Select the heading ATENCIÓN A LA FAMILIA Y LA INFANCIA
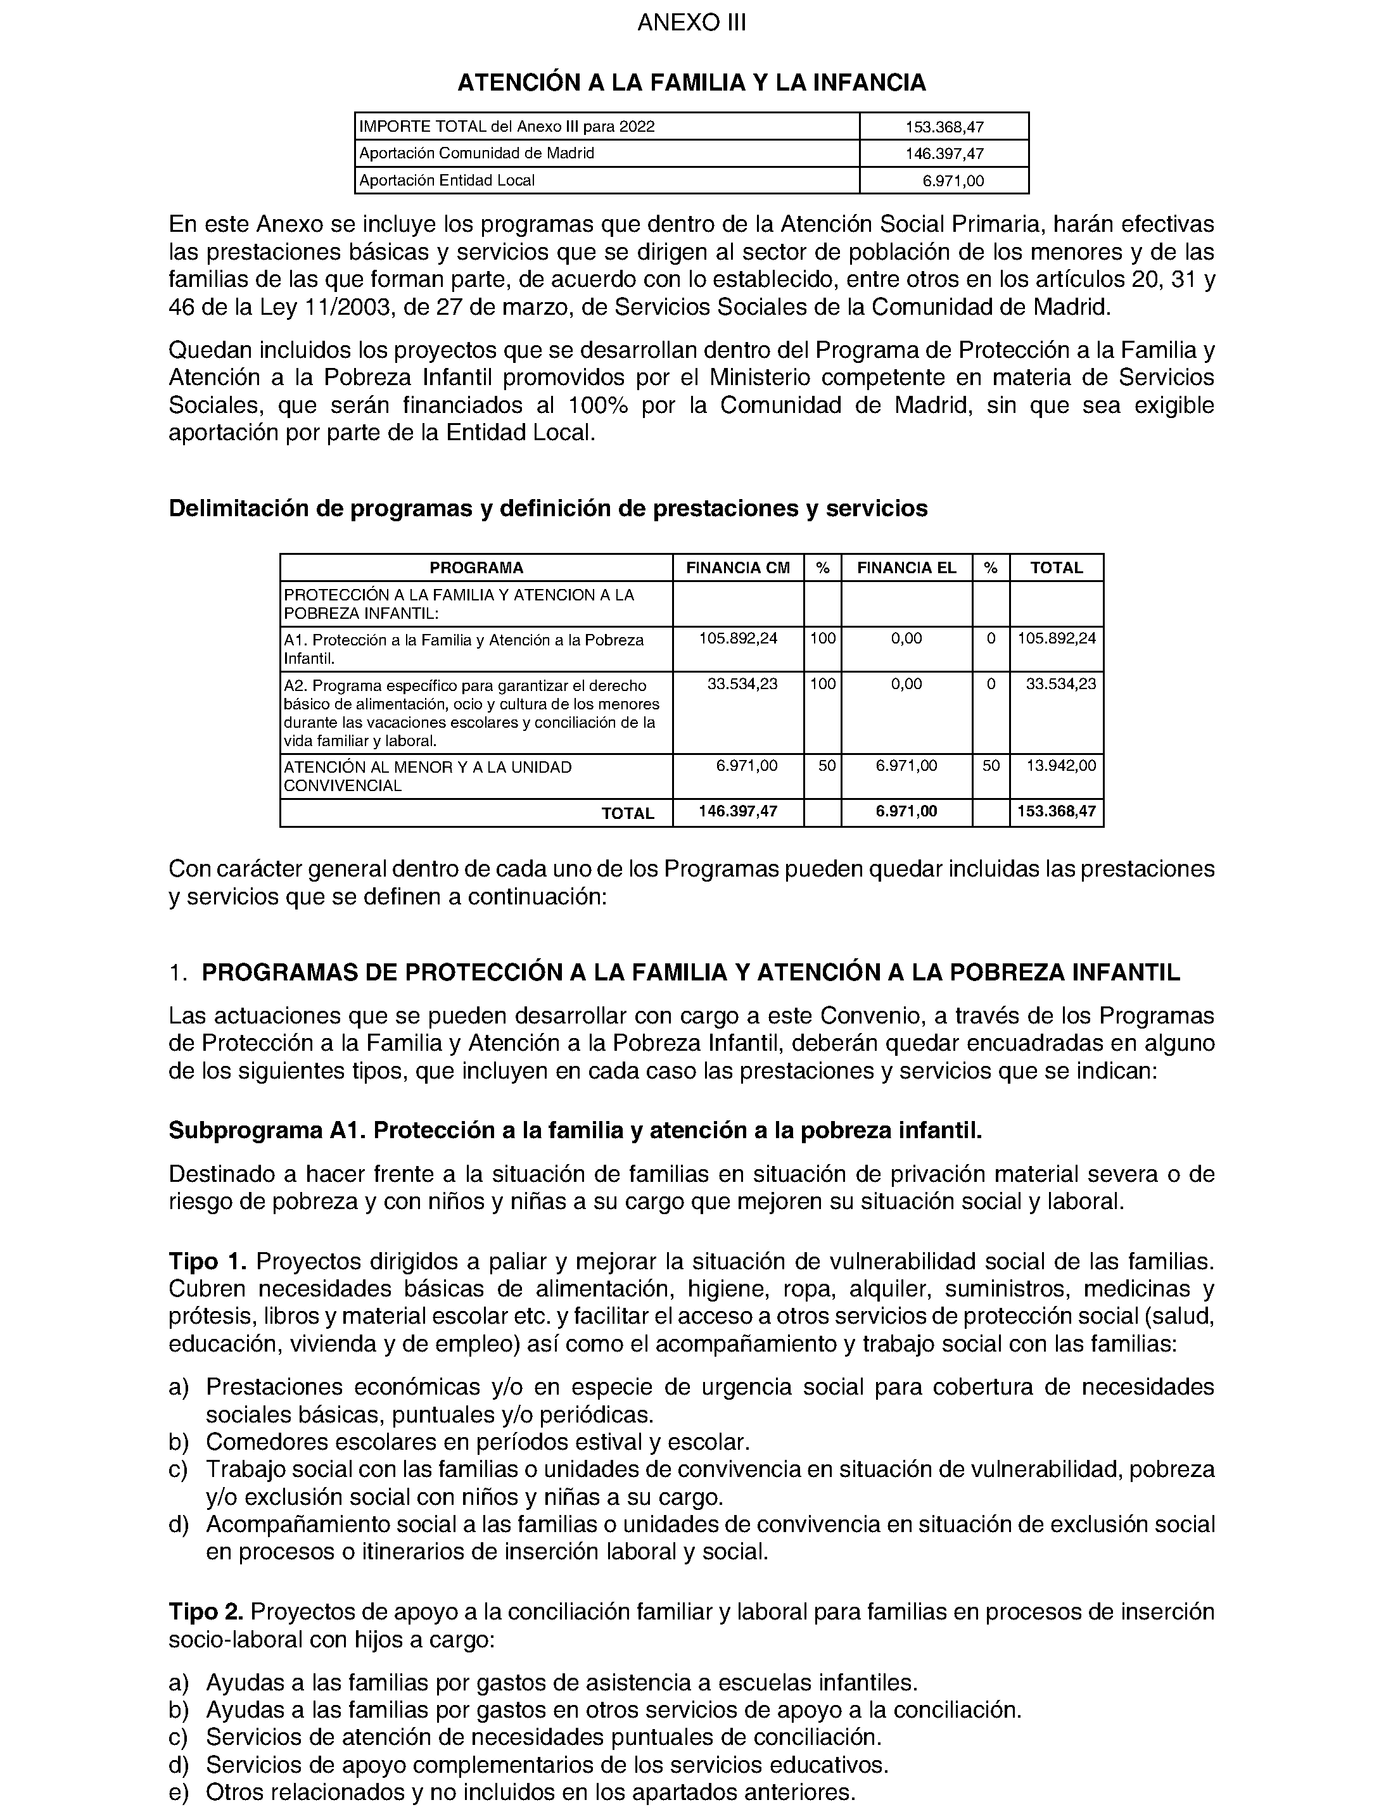click(691, 82)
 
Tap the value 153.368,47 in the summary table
click(944, 127)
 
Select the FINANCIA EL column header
click(906, 567)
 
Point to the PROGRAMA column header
click(476, 567)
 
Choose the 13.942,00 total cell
click(1061, 766)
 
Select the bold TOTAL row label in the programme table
click(628, 813)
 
